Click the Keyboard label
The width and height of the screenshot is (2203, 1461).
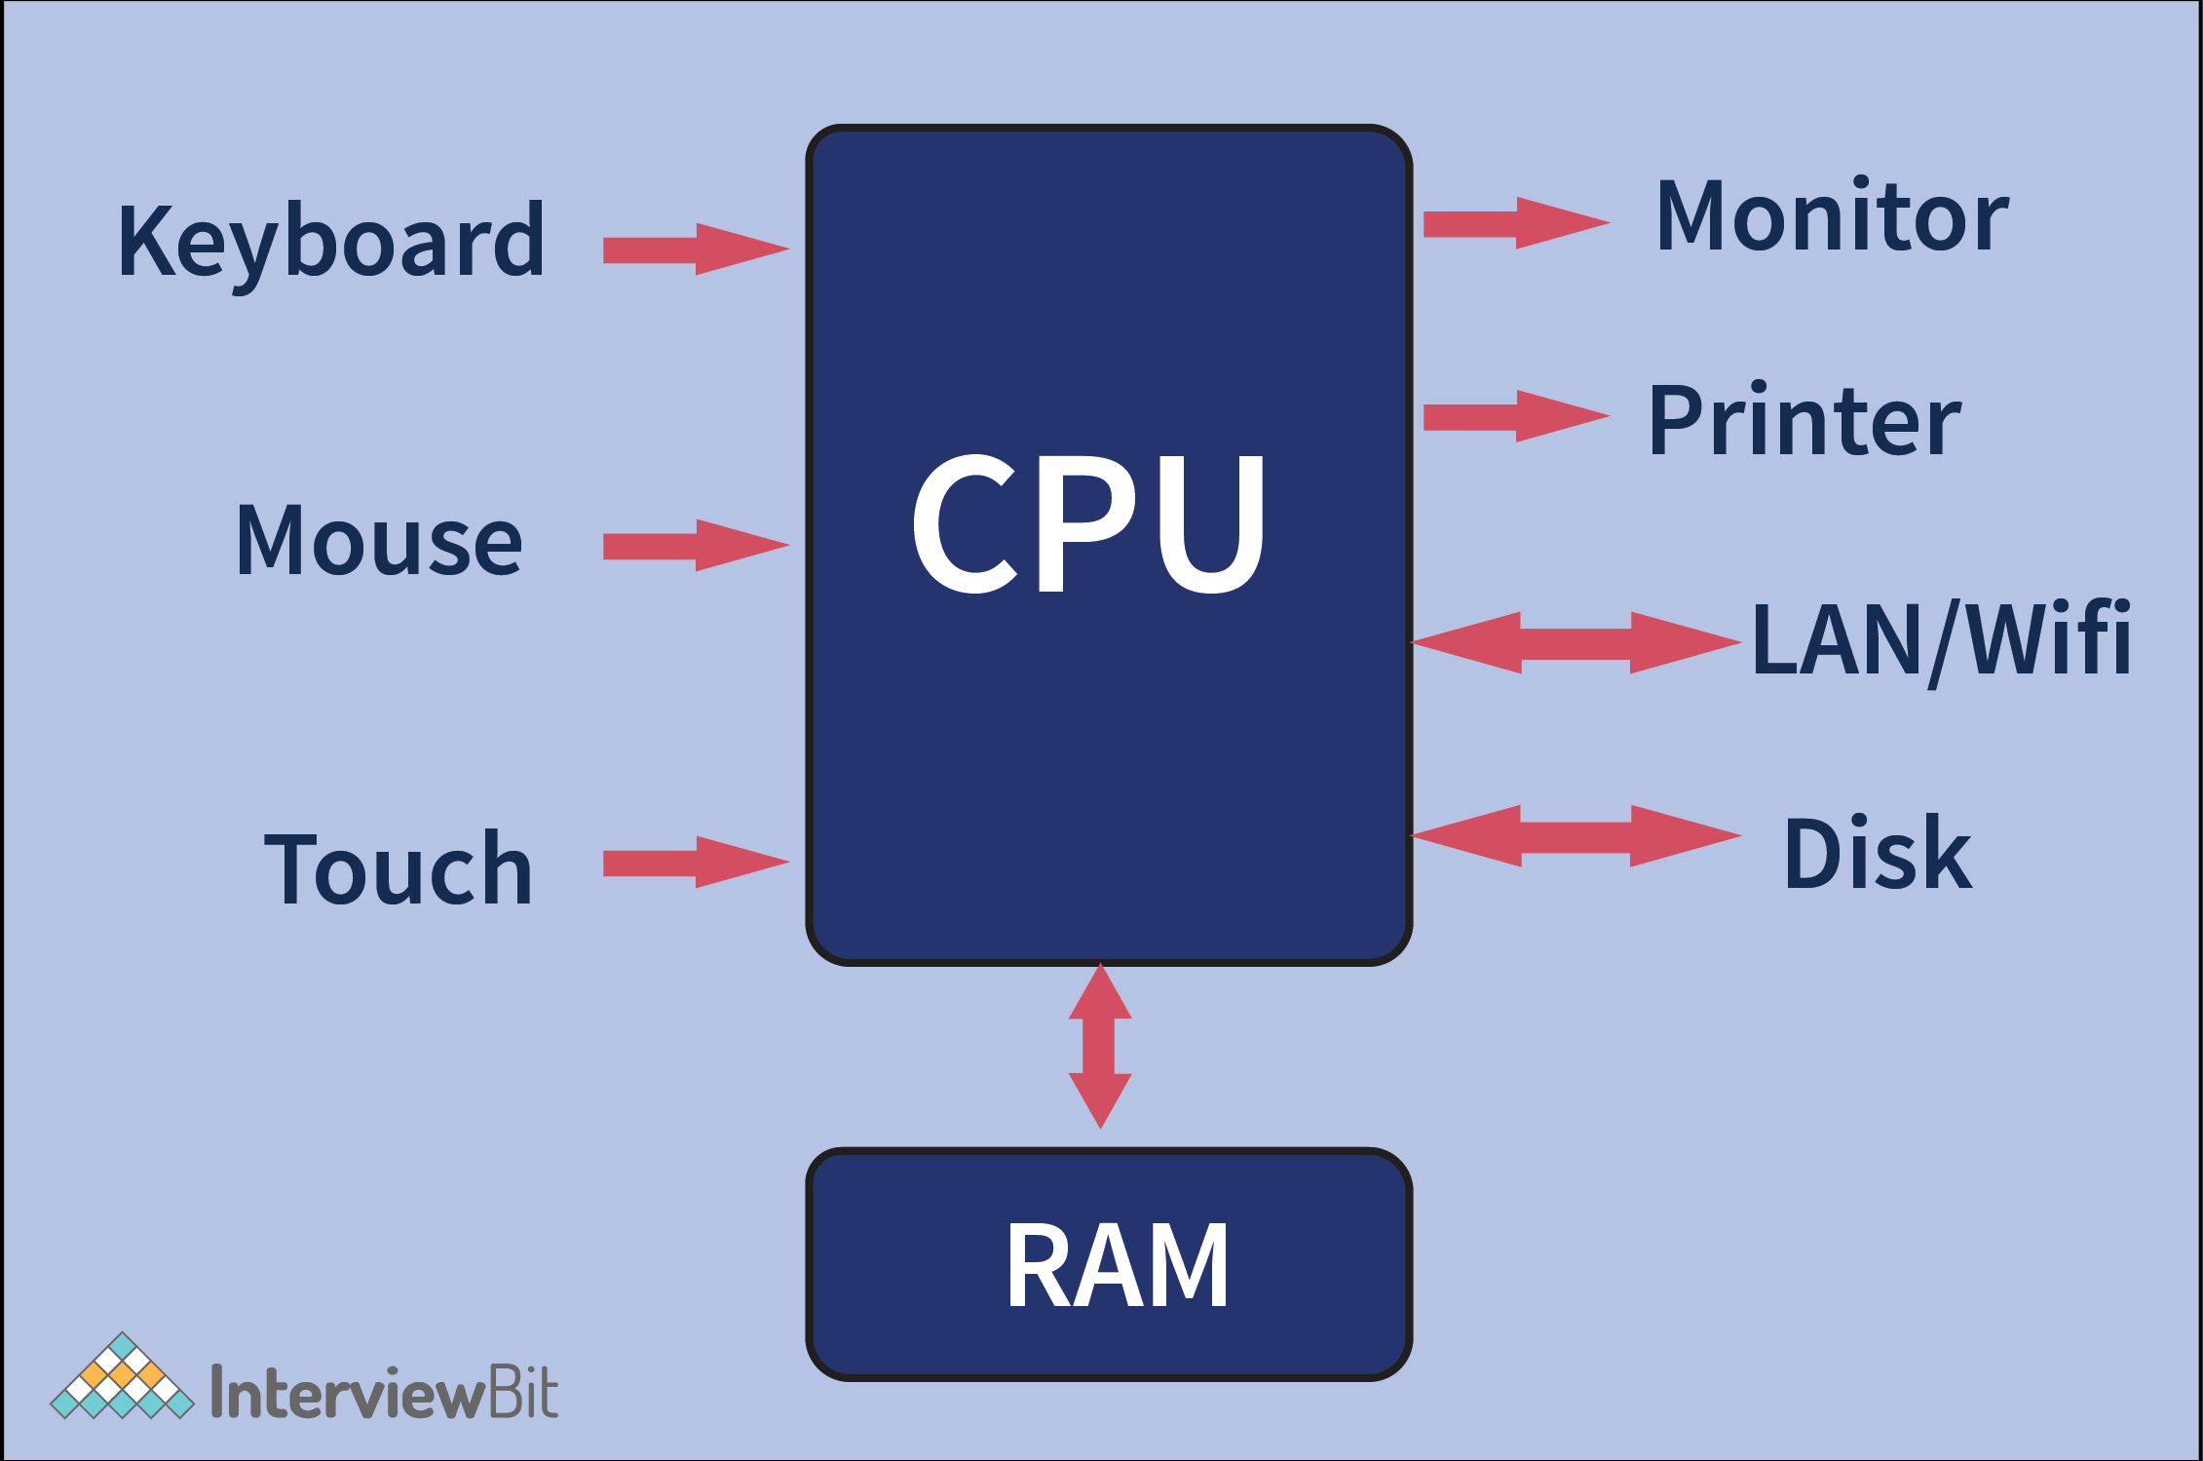coord(331,242)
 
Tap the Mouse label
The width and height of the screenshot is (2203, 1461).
coord(379,541)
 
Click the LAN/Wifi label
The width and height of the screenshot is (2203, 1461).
coord(1941,639)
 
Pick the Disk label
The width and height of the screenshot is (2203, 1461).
coord(1878,854)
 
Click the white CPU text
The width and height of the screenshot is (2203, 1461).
coord(1088,522)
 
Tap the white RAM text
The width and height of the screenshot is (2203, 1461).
coord(1117,1266)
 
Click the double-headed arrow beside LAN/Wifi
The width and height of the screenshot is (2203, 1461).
coord(1575,643)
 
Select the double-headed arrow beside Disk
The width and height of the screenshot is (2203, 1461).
coord(1575,836)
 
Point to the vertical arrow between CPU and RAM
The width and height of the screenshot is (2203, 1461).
coord(1100,1047)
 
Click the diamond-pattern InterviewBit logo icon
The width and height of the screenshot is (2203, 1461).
coord(122,1378)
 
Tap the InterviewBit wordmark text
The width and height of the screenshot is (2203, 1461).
coord(384,1392)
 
